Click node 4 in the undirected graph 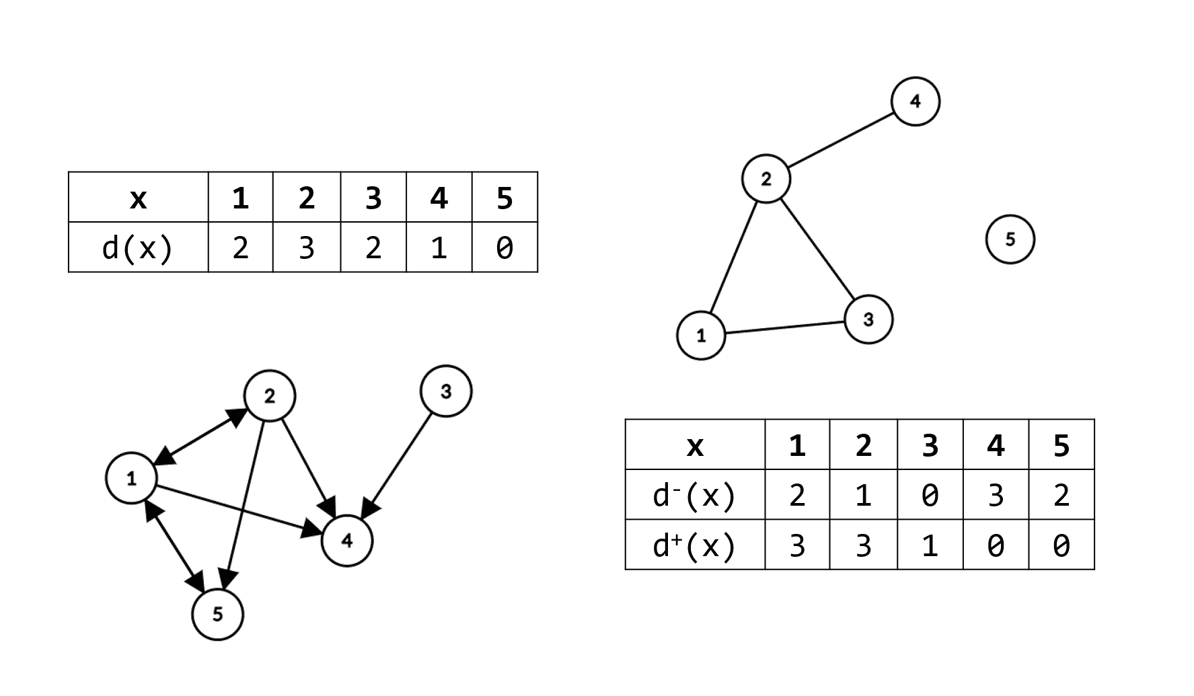tap(915, 102)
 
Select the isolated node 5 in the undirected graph tap(1010, 239)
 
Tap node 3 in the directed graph tap(445, 391)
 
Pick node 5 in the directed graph tap(217, 615)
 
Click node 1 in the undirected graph tap(701, 335)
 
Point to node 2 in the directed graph tap(269, 396)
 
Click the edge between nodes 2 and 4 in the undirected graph tap(841, 140)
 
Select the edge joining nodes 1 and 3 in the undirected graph tap(784, 327)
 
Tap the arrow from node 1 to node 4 tap(235, 509)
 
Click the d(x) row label tap(138, 247)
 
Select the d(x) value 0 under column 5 tap(505, 247)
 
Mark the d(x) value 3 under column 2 tap(306, 247)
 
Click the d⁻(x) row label tap(694, 495)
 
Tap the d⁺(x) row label tap(694, 545)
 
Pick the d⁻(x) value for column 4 tap(996, 495)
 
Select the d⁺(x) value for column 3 tap(930, 545)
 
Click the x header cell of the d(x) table tap(138, 198)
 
